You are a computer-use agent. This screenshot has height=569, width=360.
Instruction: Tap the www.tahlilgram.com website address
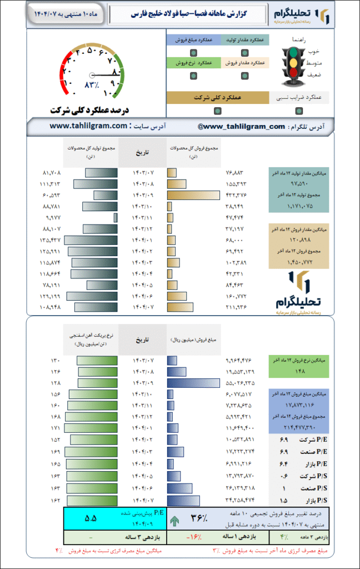tap(89, 127)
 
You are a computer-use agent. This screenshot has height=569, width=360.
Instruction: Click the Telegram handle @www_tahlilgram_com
tap(241, 127)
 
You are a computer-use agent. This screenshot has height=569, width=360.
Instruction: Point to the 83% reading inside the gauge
tap(92, 85)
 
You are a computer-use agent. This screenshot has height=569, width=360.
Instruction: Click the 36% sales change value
tap(199, 518)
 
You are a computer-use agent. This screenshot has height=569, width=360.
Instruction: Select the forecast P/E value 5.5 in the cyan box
tap(91, 518)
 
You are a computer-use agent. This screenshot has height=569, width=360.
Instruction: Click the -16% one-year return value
tap(192, 538)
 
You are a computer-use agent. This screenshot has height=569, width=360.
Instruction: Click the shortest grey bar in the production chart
tap(116, 217)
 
